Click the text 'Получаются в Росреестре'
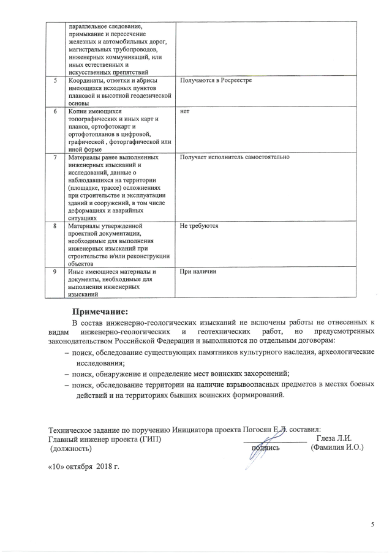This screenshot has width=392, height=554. (216, 81)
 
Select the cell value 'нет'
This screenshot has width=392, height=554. (185, 112)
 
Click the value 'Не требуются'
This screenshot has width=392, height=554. (199, 226)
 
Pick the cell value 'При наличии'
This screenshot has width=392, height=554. (198, 271)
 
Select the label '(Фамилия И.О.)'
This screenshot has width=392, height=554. (337, 448)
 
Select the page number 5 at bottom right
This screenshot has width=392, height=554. (372, 525)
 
